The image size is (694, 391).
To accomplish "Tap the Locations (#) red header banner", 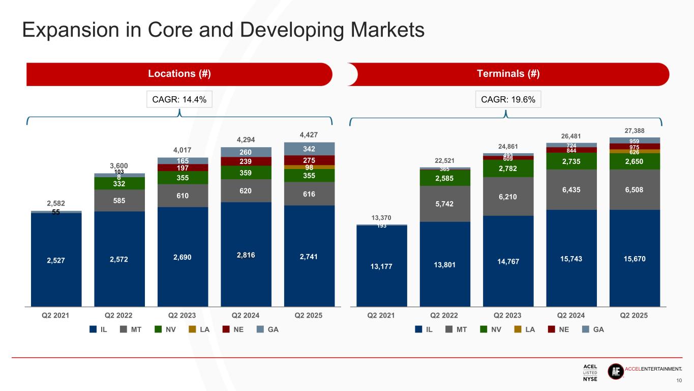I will (179, 74).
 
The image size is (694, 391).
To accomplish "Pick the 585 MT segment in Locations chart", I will (119, 201).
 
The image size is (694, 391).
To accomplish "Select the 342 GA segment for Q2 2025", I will (309, 149).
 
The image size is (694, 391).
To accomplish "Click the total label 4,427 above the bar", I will (309, 135).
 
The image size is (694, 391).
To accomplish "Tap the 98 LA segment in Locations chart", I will (309, 167).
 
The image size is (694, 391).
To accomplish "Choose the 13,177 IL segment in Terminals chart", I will (381, 266).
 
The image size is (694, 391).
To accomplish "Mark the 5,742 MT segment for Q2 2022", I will (445, 204).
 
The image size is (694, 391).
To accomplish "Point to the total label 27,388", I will (635, 131).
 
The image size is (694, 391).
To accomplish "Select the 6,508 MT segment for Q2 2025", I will (635, 189).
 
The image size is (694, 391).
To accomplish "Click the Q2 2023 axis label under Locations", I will (183, 315).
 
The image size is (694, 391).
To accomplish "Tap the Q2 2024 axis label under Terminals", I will (571, 315).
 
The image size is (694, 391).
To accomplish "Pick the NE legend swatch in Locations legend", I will (226, 329).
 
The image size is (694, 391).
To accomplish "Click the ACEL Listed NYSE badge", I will (590, 372).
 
